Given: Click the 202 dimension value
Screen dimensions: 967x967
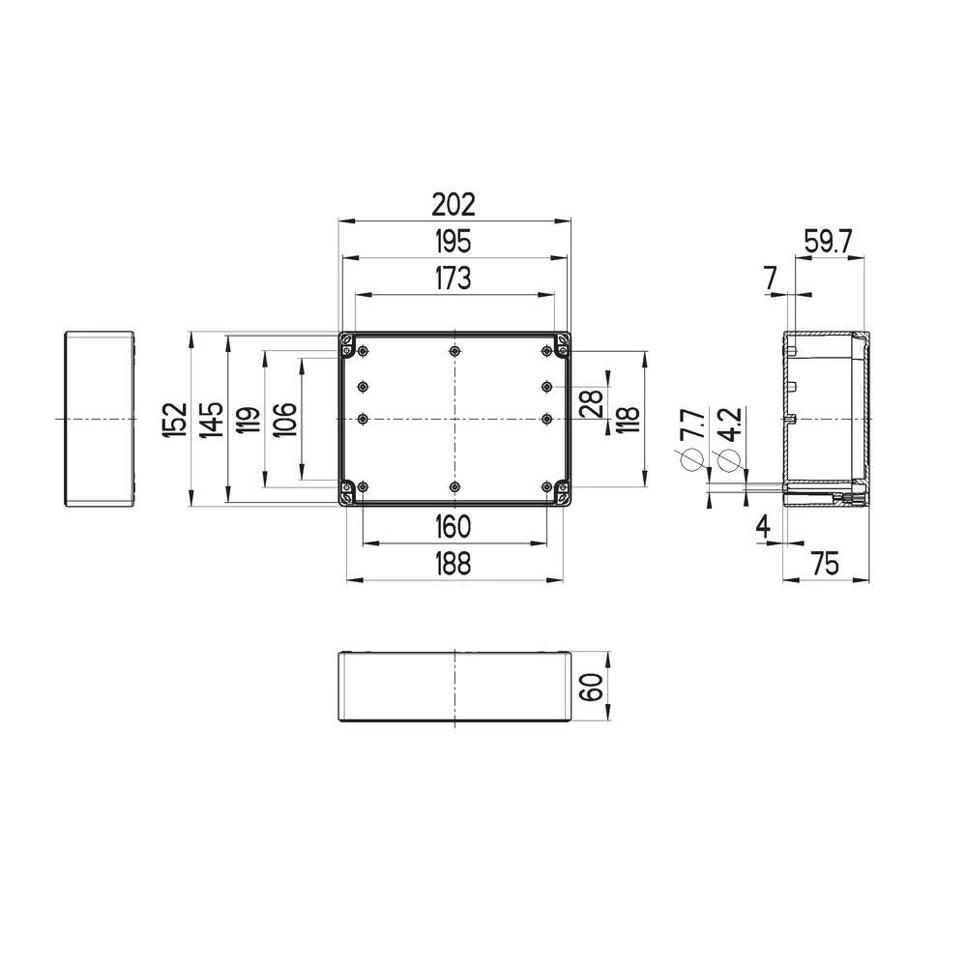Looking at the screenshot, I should [x=454, y=204].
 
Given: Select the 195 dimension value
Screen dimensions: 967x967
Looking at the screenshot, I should [x=453, y=241].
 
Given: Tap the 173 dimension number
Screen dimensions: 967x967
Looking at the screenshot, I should [x=453, y=278].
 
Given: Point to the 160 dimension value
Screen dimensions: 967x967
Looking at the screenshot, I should [x=453, y=527].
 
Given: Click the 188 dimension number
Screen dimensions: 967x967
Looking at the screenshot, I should [x=453, y=564].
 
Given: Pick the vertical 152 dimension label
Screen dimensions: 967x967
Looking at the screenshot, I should [x=174, y=420].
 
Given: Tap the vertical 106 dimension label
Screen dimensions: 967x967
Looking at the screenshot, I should [x=284, y=420].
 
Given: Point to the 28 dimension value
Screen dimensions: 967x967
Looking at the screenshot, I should [x=591, y=403].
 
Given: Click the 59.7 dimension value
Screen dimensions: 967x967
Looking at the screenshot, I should [x=828, y=241].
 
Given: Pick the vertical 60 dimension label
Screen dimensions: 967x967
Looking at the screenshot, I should [x=591, y=688].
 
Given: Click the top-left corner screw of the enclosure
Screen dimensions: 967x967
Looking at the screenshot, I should [x=346, y=341].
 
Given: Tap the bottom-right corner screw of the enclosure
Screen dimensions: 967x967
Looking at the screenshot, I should [x=562, y=497].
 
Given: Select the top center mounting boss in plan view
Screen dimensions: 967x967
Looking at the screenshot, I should [x=454, y=351].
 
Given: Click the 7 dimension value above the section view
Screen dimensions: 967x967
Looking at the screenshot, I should [x=771, y=278].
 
